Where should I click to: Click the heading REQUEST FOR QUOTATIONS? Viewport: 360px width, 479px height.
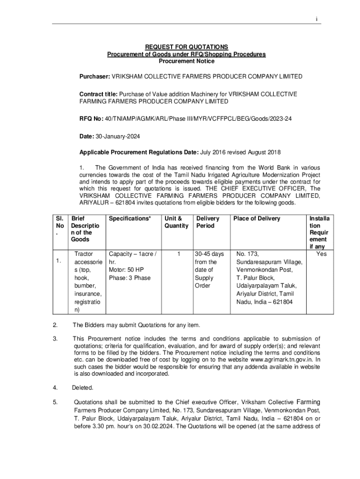tap(187, 47)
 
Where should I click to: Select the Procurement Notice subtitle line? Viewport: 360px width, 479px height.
tap(187, 61)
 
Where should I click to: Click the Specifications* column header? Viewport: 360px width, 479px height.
tap(130, 218)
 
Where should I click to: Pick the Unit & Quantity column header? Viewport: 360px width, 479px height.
tap(176, 222)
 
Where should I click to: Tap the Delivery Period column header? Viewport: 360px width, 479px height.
tap(208, 222)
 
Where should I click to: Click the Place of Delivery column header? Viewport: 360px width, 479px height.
tap(257, 218)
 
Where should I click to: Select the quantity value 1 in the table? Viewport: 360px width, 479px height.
tap(178, 254)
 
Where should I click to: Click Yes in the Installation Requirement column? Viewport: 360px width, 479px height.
tap(321, 254)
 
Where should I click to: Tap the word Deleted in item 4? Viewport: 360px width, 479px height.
tap(83, 388)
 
